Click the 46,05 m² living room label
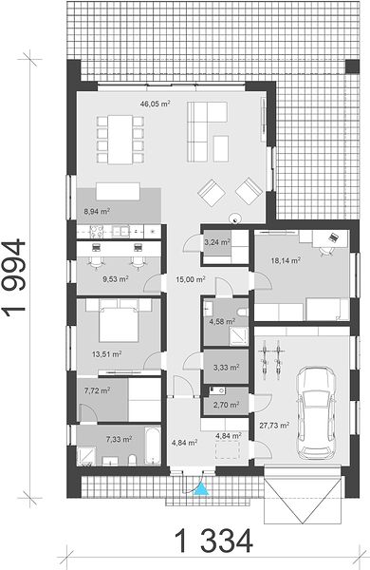pyautogui.click(x=156, y=104)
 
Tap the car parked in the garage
pyautogui.click(x=315, y=412)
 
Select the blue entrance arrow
pyautogui.click(x=201, y=488)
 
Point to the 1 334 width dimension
pyautogui.click(x=213, y=541)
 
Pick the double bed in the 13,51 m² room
pyautogui.click(x=119, y=321)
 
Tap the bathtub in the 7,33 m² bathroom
pyautogui.click(x=153, y=446)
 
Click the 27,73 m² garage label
pyautogui.click(x=274, y=425)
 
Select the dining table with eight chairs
pyautogui.click(x=120, y=140)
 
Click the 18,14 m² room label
pyautogui.click(x=286, y=260)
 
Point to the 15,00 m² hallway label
pyautogui.click(x=191, y=279)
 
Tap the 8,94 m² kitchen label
pyautogui.click(x=97, y=211)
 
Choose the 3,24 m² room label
pyautogui.click(x=217, y=242)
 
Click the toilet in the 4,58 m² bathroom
pyautogui.click(x=242, y=312)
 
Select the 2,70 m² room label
pyautogui.click(x=226, y=405)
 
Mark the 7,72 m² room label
pyautogui.click(x=97, y=390)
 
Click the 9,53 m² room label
pyautogui.click(x=116, y=279)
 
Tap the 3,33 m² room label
pyautogui.click(x=226, y=368)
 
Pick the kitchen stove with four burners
pyautogui.click(x=97, y=231)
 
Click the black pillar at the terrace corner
pyautogui.click(x=352, y=66)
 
